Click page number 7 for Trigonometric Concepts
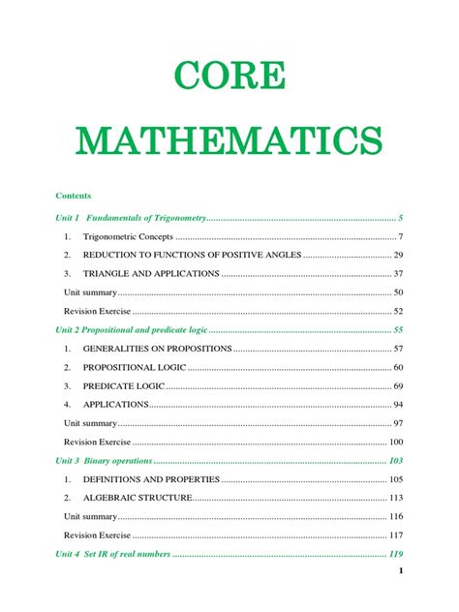tap(400, 236)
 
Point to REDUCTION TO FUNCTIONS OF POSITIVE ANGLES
tap(192, 255)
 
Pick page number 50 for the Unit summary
tap(398, 292)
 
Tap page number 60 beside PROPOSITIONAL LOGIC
tap(398, 368)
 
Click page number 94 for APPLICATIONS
tap(398, 405)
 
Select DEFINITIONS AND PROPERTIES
tap(153, 480)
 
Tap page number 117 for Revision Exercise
tap(395, 535)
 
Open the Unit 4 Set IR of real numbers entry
tap(116, 555)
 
